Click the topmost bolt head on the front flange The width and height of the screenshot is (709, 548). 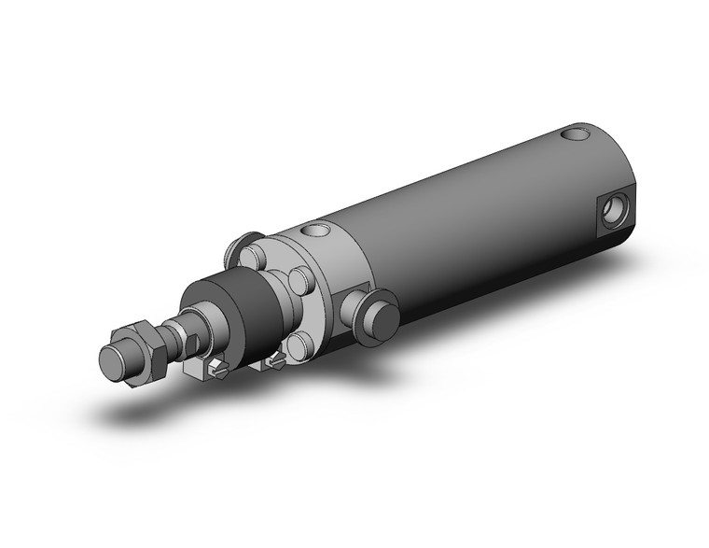(x=249, y=256)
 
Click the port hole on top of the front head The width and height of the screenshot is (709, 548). (x=316, y=231)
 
